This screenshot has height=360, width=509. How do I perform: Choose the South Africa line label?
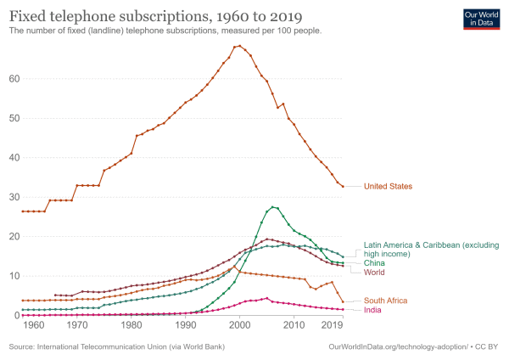386,301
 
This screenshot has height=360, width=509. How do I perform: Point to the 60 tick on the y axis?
14,79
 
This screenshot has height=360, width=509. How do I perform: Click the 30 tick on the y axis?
14,197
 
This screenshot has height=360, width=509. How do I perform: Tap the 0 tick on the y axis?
17,315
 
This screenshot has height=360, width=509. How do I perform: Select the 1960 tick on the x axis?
33,325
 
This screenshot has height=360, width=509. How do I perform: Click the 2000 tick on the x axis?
240,325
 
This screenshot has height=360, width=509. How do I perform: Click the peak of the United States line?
240,46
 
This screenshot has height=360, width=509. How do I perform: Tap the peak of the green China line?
272,206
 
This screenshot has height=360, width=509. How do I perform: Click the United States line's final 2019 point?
343,186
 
